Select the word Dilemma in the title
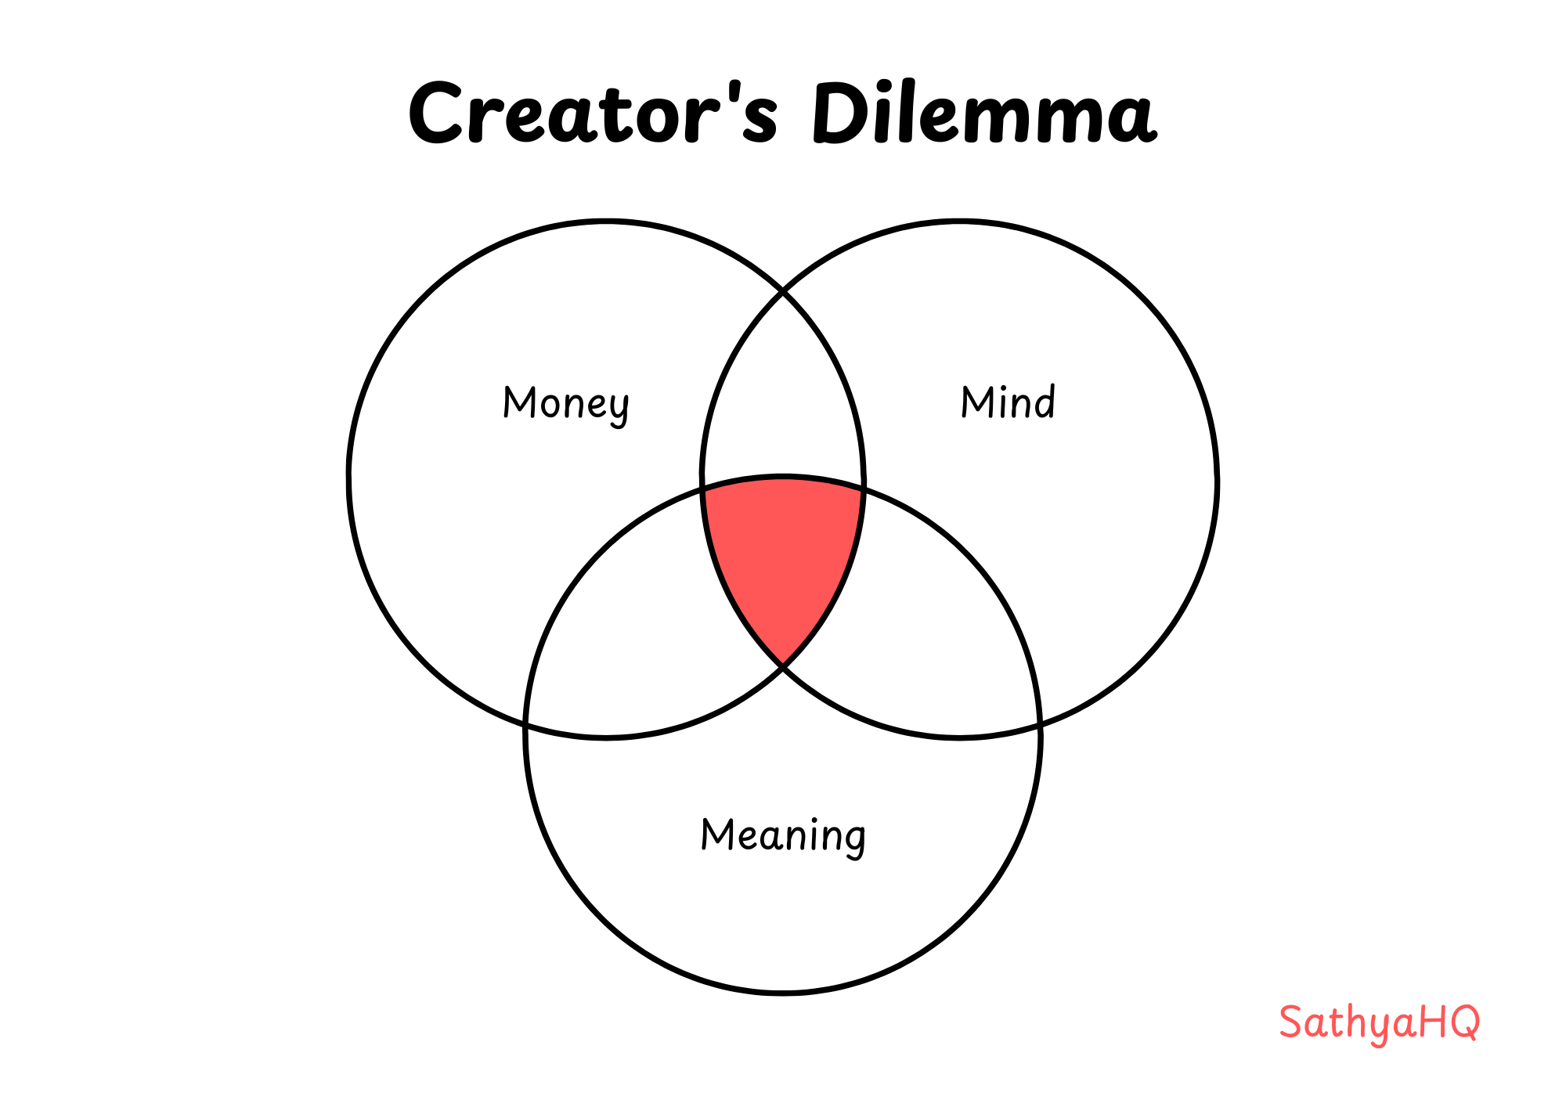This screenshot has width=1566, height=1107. click(x=983, y=114)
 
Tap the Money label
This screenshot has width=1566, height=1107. click(x=565, y=404)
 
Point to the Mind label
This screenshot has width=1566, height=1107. click(x=1008, y=402)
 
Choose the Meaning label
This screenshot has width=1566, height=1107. click(x=783, y=835)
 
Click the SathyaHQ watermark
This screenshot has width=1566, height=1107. click(x=1379, y=1022)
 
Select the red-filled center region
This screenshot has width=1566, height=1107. click(x=783, y=548)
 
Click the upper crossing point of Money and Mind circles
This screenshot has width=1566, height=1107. click(x=783, y=293)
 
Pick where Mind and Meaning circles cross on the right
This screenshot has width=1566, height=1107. click(x=1040, y=726)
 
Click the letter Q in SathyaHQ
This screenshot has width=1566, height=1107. click(x=1463, y=1022)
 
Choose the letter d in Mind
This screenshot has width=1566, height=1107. click(x=1044, y=402)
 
